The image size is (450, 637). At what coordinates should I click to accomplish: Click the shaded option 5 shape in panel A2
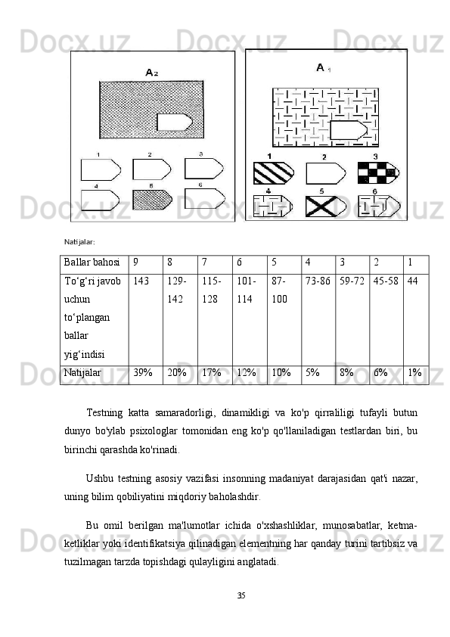tap(152, 200)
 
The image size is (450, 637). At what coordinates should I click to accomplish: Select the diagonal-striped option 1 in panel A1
tap(273, 173)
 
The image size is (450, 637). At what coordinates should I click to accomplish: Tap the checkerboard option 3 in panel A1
tap(378, 173)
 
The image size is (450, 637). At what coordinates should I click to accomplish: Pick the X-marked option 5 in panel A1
tap(326, 206)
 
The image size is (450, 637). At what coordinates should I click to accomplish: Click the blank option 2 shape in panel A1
tap(326, 173)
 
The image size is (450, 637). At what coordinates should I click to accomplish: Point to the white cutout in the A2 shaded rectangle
tap(175, 123)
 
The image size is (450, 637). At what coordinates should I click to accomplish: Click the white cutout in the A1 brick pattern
tap(349, 130)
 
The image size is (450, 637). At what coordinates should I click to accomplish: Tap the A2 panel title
tap(151, 73)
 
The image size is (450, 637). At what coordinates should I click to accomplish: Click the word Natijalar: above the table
tap(79, 242)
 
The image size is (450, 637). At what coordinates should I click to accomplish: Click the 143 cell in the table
tap(146, 320)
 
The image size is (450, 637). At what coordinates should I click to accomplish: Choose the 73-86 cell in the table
tap(318, 320)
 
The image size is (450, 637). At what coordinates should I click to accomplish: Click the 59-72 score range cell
tap(352, 320)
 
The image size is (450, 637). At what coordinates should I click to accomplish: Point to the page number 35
tap(241, 595)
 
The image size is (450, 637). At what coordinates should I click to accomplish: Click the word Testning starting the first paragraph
tap(104, 413)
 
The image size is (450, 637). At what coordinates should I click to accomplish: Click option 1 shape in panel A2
tap(101, 169)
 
